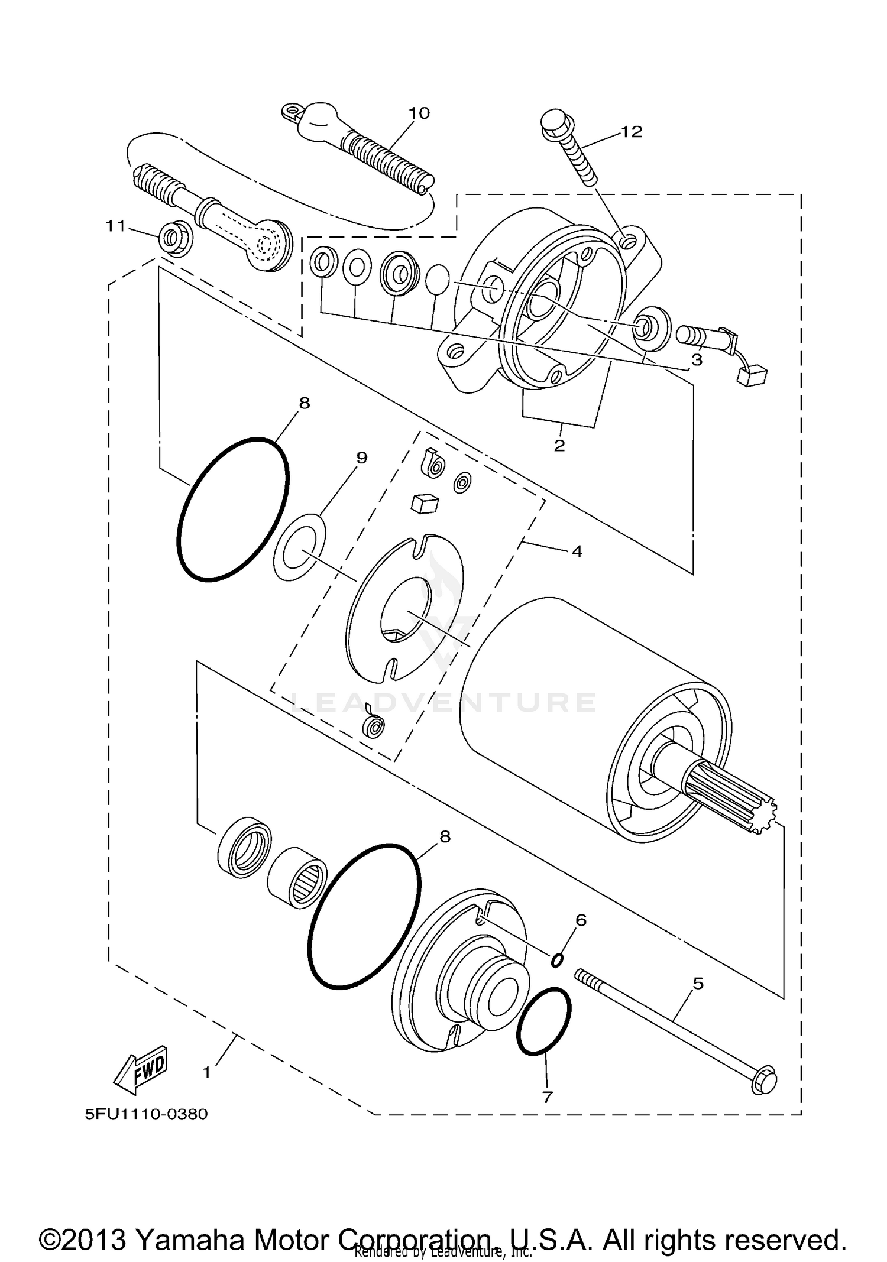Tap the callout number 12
pyautogui.click(x=631, y=132)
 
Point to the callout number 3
pyautogui.click(x=697, y=359)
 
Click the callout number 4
pyautogui.click(x=577, y=551)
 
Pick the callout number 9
pyautogui.click(x=362, y=457)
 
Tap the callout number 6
pyautogui.click(x=581, y=920)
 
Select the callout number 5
pyautogui.click(x=698, y=984)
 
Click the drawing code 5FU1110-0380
pyautogui.click(x=146, y=1114)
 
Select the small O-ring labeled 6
pyautogui.click(x=556, y=961)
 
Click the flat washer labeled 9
pyautogui.click(x=300, y=547)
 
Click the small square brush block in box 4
pyautogui.click(x=425, y=504)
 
